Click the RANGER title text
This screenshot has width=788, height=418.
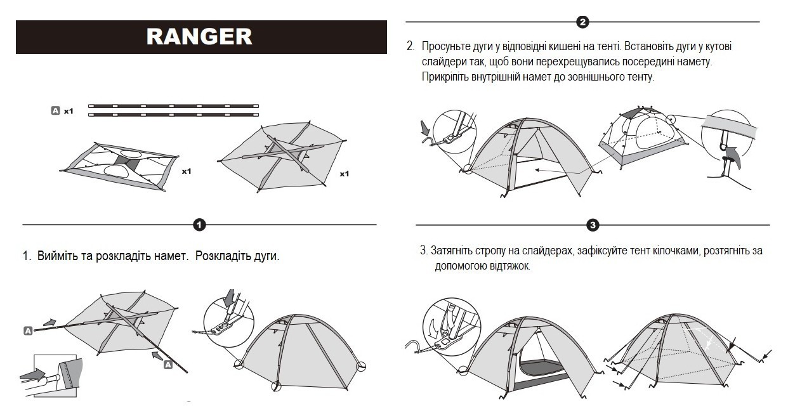point(199,36)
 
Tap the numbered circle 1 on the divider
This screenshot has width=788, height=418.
point(199,225)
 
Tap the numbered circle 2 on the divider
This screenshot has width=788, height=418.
point(582,22)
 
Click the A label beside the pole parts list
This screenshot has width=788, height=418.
point(55,110)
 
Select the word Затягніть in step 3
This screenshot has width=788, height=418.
point(453,251)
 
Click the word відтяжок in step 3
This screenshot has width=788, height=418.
point(509,266)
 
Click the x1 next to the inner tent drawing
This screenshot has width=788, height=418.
point(186,171)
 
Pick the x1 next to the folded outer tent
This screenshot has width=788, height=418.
point(344,174)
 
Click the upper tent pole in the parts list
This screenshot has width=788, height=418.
point(174,105)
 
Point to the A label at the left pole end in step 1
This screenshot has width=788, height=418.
point(28,330)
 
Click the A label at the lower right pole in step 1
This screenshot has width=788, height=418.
point(168,364)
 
